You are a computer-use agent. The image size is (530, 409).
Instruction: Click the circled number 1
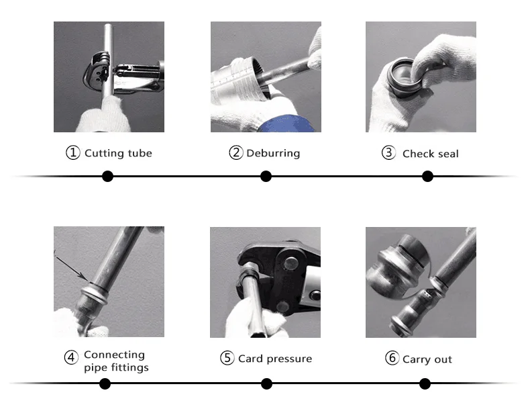pyautogui.click(x=72, y=152)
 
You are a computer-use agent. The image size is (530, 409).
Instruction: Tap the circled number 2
pyautogui.click(x=236, y=152)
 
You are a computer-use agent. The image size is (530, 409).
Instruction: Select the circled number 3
pyautogui.click(x=388, y=152)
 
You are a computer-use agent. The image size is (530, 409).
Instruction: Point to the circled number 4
pyautogui.click(x=71, y=357)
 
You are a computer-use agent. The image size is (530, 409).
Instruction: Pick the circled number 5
pyautogui.click(x=227, y=358)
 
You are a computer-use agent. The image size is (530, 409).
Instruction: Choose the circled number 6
pyautogui.click(x=392, y=357)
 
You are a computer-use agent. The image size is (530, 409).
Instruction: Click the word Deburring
pyautogui.click(x=273, y=153)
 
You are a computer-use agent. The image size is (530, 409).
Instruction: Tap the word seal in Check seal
pyautogui.click(x=448, y=154)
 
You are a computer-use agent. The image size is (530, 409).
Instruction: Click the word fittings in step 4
pyautogui.click(x=129, y=368)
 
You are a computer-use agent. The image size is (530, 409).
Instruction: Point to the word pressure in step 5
pyautogui.click(x=289, y=359)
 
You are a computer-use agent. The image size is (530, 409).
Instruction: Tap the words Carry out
pyautogui.click(x=427, y=359)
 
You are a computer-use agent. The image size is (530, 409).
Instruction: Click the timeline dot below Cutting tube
pyautogui.click(x=107, y=176)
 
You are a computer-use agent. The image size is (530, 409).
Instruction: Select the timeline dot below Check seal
pyautogui.click(x=427, y=176)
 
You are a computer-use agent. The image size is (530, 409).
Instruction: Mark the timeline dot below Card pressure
pyautogui.click(x=267, y=383)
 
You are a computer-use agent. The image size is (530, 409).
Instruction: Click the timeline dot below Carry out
pyautogui.click(x=425, y=383)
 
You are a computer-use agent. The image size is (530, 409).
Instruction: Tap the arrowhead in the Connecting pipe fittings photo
pyautogui.click(x=85, y=277)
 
